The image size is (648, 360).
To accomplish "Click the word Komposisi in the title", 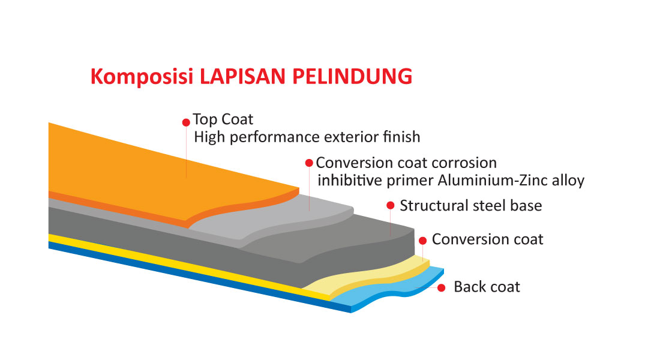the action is pyautogui.click(x=142, y=77).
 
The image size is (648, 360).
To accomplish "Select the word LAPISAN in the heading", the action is pyautogui.click(x=242, y=76).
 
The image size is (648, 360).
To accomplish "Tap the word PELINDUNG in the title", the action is pyautogui.click(x=352, y=76).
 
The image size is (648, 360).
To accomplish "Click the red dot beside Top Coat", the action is pyautogui.click(x=186, y=122).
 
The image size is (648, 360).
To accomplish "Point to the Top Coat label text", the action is pyautogui.click(x=223, y=119).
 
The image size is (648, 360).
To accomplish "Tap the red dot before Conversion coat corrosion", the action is pyautogui.click(x=309, y=163).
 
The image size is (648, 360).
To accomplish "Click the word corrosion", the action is pyautogui.click(x=464, y=163).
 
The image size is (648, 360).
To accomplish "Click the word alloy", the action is pyautogui.click(x=568, y=181).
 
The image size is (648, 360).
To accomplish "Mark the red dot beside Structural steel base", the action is pyautogui.click(x=390, y=205).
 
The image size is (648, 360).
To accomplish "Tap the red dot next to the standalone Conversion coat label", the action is pyautogui.click(x=422, y=241).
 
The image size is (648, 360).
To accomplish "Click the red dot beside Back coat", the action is pyautogui.click(x=442, y=287).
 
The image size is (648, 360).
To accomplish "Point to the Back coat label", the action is pyautogui.click(x=487, y=287).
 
